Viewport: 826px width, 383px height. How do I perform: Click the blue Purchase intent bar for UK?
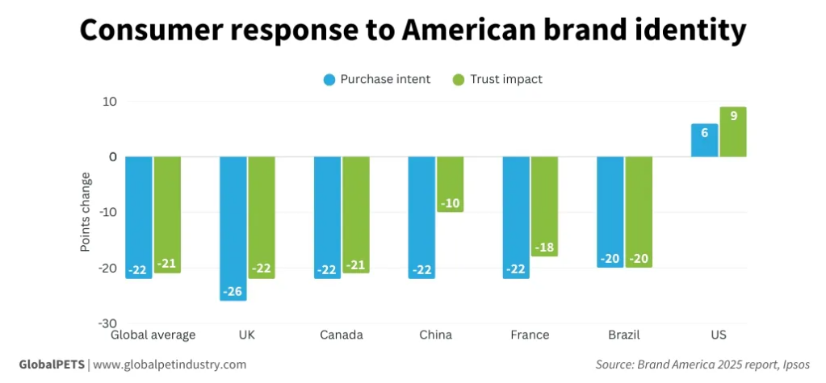pos(233,228)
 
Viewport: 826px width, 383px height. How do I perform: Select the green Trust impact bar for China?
pos(450,184)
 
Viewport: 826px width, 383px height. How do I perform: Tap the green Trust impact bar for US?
pos(732,132)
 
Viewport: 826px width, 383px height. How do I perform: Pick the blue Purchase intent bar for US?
pos(704,140)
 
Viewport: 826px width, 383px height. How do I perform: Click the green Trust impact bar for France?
pos(544,206)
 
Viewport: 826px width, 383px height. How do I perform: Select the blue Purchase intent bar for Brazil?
pos(610,212)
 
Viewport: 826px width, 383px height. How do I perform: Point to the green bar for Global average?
pos(167,214)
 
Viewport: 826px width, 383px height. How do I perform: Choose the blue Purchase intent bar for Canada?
pos(327,218)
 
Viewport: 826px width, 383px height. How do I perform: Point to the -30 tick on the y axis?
pos(107,323)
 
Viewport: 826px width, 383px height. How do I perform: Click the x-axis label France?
pos(530,335)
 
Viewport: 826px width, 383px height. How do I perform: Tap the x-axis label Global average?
pos(153,335)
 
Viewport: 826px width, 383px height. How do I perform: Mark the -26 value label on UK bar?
pos(233,291)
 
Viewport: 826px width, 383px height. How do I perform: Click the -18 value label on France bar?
pos(544,247)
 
